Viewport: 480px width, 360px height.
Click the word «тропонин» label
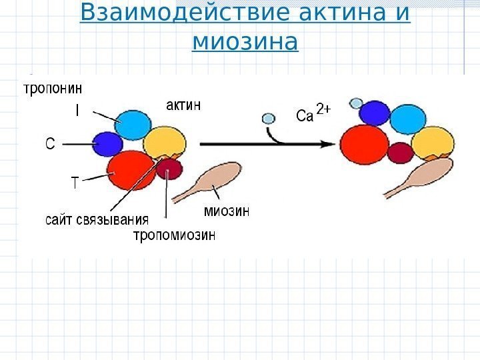(x=54, y=87)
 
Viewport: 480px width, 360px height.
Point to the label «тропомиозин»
(x=174, y=235)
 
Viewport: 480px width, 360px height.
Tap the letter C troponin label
(x=49, y=143)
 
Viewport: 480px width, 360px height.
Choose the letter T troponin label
(x=74, y=181)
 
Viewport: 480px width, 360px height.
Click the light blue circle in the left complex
(x=134, y=124)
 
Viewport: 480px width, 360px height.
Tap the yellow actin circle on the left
(x=165, y=143)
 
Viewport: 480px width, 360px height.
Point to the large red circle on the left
(x=131, y=171)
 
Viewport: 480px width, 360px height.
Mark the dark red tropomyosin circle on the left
(x=169, y=168)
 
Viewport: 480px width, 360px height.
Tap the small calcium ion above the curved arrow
(x=268, y=119)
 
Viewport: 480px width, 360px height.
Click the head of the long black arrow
(x=329, y=143)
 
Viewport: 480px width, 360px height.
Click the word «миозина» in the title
(x=245, y=43)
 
